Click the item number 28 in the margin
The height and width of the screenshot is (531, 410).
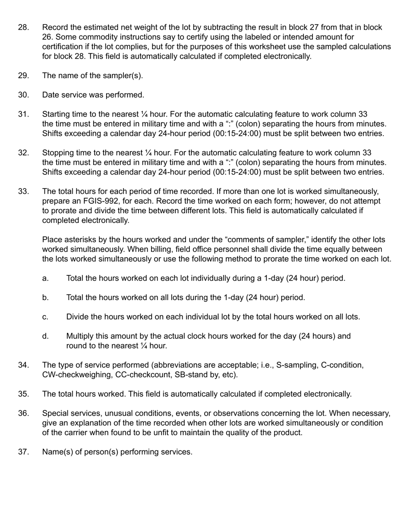click(23, 28)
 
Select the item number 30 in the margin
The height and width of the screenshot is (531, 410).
click(23, 95)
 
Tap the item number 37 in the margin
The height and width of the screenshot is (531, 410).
click(23, 452)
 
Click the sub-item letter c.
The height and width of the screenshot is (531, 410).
click(45, 317)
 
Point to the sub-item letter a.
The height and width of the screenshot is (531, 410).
click(45, 278)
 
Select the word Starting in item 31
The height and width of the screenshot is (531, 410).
click(56, 114)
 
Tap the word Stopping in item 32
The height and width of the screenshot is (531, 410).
click(57, 153)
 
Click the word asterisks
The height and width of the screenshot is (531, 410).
click(79, 240)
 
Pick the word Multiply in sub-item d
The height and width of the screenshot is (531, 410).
click(80, 336)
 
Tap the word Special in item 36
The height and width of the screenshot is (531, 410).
click(56, 414)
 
